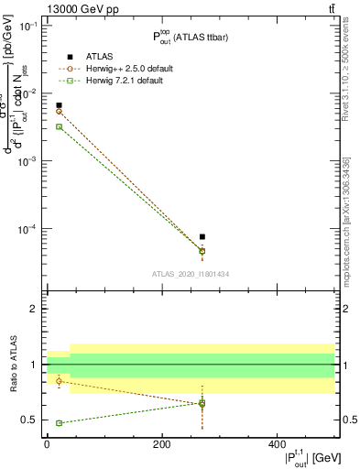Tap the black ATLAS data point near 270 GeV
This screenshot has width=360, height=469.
point(202,236)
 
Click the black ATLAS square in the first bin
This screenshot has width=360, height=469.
point(60,105)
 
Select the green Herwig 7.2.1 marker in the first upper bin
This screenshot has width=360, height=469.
point(60,126)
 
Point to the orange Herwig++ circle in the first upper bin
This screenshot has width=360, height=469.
point(60,111)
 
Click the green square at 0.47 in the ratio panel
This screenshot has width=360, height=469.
point(60,423)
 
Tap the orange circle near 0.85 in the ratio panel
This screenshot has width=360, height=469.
point(60,381)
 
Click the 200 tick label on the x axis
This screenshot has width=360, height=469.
point(161,444)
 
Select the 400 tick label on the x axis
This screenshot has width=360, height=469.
point(277,444)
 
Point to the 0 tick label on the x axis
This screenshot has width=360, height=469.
point(47,444)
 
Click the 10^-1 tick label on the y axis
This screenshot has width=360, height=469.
point(30,26)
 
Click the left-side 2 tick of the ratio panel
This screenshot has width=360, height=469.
point(35,309)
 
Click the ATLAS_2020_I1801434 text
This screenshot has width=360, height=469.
point(190,274)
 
